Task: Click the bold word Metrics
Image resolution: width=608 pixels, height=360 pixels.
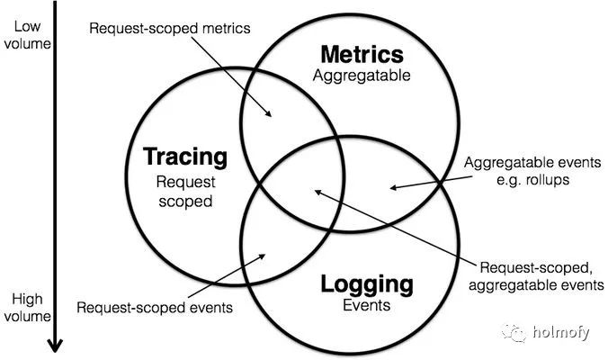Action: pyautogui.click(x=362, y=54)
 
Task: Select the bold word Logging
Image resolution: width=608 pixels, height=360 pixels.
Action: pyautogui.click(x=367, y=285)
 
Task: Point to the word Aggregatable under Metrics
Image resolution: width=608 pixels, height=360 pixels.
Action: pyautogui.click(x=362, y=76)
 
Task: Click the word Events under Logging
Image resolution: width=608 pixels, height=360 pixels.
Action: pyautogui.click(x=367, y=306)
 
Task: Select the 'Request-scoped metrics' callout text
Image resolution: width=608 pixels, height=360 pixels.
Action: pyautogui.click(x=168, y=28)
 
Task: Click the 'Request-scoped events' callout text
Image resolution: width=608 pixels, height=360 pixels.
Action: pyautogui.click(x=155, y=307)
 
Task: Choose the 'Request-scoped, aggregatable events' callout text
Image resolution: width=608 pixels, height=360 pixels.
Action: pyautogui.click(x=537, y=276)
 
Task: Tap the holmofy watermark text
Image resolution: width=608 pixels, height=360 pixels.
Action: pyautogui.click(x=559, y=333)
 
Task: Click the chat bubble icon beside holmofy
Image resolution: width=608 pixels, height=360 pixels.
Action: pyautogui.click(x=515, y=333)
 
